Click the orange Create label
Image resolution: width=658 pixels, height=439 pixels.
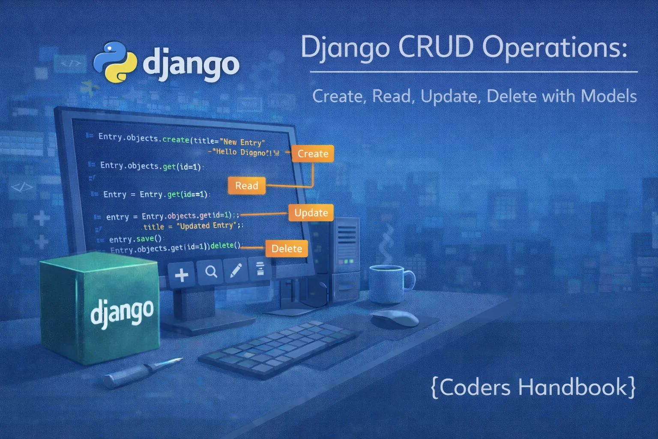tap(313, 153)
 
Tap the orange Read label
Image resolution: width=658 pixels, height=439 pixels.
tap(247, 186)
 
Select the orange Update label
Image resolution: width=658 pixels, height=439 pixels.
tap(311, 213)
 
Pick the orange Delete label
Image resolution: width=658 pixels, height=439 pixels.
tap(287, 249)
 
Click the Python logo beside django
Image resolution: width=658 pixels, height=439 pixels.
tap(115, 62)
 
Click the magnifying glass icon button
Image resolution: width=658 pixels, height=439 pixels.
tap(211, 272)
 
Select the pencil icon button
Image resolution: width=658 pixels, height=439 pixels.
tap(236, 270)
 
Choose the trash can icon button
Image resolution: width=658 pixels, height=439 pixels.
tap(260, 269)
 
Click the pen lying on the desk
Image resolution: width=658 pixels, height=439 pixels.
tap(141, 370)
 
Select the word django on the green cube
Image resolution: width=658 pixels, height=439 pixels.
tap(122, 312)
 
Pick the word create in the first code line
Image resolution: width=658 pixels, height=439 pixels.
tap(176, 139)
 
